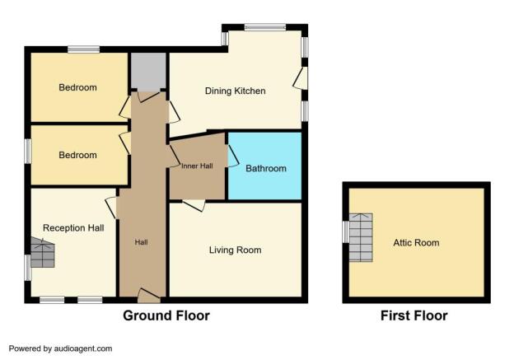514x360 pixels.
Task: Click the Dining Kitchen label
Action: tap(235, 91)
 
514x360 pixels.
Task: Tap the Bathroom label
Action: tap(266, 169)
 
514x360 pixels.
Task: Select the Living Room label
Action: tap(235, 250)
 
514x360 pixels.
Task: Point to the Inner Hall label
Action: tap(197, 166)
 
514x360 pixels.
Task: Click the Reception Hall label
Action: tap(73, 228)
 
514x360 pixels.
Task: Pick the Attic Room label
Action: tap(416, 243)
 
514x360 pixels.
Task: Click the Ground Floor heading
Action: tap(166, 316)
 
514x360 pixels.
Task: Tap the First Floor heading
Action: tap(414, 316)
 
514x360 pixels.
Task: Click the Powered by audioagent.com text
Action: tap(60, 348)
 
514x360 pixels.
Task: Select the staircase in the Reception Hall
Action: tap(43, 252)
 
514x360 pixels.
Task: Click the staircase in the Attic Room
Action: tap(361, 238)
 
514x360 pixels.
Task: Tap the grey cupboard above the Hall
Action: tap(148, 72)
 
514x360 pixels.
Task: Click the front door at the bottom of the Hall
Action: tap(149, 296)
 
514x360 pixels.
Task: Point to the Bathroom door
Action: tap(232, 156)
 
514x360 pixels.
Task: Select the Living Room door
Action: tap(194, 205)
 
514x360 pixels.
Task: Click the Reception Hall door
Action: tap(111, 208)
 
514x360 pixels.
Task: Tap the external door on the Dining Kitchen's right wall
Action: tap(301, 78)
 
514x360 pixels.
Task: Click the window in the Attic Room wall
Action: tap(345, 232)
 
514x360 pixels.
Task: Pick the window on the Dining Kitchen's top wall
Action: tap(265, 27)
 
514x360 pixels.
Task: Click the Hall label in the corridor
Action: tap(142, 242)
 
